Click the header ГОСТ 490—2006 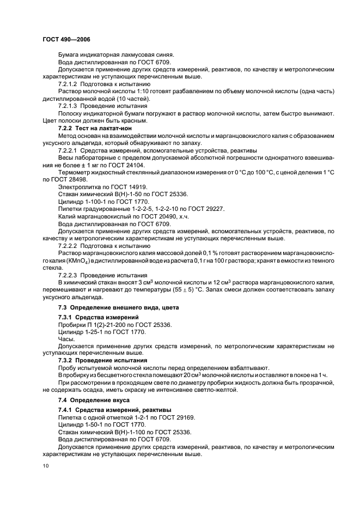(x=66, y=40)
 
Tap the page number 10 (x=45, y=466)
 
